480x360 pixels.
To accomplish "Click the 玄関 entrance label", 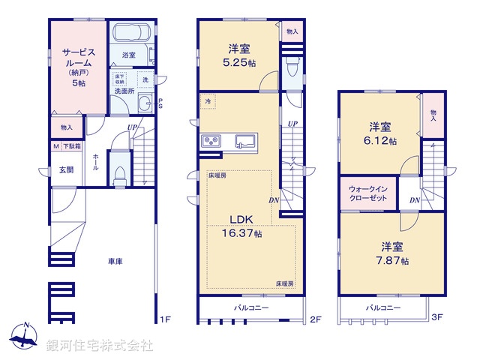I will (67, 170).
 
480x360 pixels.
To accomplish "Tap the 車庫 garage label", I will (115, 261).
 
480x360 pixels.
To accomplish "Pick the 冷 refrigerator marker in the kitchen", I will (206, 100).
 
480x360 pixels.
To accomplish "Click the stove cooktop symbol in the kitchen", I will (210, 141).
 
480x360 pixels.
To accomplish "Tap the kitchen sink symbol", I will (245, 141).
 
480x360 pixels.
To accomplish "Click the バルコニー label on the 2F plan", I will (251, 307).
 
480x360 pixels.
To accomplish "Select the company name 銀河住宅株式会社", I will (100, 346).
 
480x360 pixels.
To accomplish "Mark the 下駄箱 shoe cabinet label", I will (72, 146).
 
